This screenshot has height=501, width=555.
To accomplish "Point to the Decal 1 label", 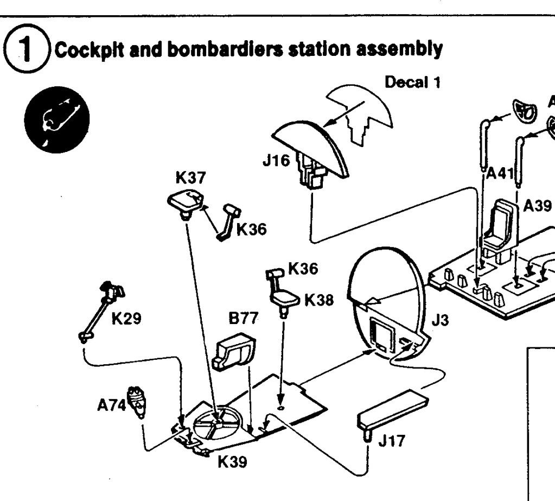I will pos(411,84).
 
